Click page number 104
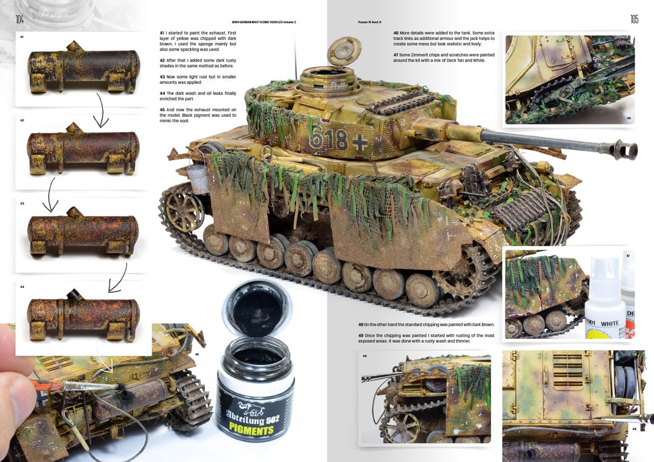(x=20, y=20)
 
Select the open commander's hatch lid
(x=344, y=51)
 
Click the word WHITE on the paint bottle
(x=609, y=324)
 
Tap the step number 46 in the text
(x=396, y=32)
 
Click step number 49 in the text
(x=361, y=335)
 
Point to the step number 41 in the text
(x=162, y=32)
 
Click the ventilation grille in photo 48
(x=567, y=370)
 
